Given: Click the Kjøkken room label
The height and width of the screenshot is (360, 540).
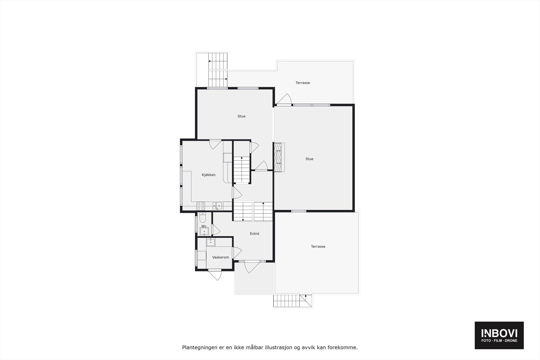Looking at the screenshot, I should (209, 175).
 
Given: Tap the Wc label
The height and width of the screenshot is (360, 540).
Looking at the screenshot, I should (204, 226).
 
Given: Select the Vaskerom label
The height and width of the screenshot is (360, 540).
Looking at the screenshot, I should (220, 257).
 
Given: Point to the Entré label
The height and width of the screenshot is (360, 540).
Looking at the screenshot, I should (254, 233).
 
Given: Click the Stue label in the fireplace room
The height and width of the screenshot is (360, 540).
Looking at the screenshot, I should (309, 159).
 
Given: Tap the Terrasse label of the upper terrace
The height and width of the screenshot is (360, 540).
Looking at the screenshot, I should (303, 83).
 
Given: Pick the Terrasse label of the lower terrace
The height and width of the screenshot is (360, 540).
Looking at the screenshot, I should (318, 247).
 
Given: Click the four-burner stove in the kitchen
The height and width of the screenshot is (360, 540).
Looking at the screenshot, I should (201, 206).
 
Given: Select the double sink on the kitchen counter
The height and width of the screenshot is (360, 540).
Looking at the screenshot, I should (217, 205).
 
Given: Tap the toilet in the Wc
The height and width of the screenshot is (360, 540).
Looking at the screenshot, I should (202, 216).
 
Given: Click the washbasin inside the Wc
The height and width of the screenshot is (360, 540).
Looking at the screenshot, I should (204, 232).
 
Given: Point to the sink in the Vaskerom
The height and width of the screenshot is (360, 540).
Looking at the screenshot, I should (211, 242).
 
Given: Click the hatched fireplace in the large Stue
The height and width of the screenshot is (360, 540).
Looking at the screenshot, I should (278, 157).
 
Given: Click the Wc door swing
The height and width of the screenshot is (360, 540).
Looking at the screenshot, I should (215, 230).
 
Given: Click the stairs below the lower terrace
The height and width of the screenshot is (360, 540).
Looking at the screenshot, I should (292, 301).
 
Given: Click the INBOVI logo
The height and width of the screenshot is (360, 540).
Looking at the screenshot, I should (499, 335).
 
